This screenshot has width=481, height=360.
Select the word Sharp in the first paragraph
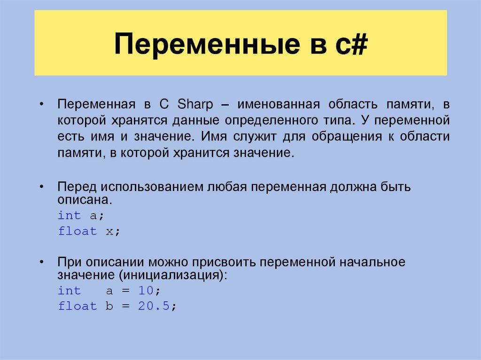pos(198,104)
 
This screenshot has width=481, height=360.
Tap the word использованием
pos(150,187)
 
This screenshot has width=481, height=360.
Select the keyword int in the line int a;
pos(69,215)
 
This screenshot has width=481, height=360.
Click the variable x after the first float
pos(109,231)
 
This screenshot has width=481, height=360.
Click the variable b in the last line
pos(109,306)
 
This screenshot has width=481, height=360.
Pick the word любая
pos(227,187)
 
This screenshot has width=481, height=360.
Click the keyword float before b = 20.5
pos(77,306)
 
